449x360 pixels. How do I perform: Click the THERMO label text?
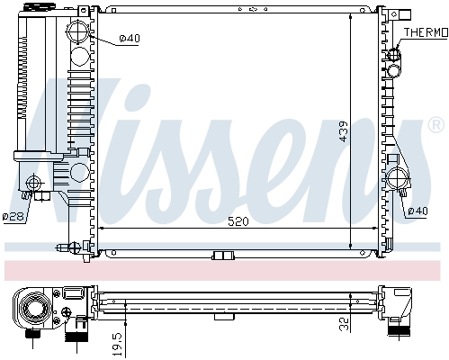tap(426, 32)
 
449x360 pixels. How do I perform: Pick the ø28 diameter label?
tap(13, 216)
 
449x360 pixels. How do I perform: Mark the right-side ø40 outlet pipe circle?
tap(397, 176)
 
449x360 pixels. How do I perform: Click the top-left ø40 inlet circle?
tap(80, 37)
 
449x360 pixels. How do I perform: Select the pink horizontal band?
tap(225, 270)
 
